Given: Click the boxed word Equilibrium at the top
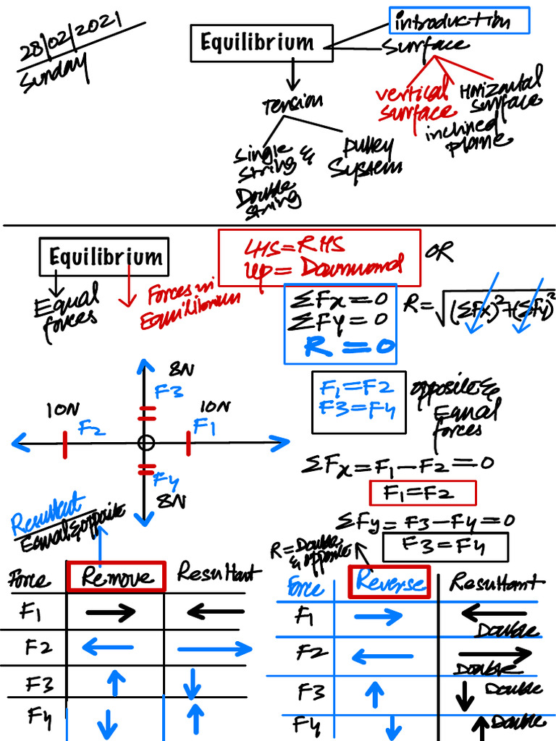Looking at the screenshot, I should click(261, 43).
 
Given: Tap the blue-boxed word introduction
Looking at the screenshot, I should click(460, 21).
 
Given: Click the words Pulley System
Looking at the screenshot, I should click(366, 158).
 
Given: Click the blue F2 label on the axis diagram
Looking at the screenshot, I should click(92, 428).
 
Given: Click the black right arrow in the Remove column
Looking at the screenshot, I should click(110, 613).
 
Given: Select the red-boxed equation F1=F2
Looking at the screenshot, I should click(422, 494).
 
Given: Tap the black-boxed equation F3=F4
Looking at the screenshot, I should click(445, 544).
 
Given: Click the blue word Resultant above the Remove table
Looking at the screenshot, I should click(46, 515).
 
